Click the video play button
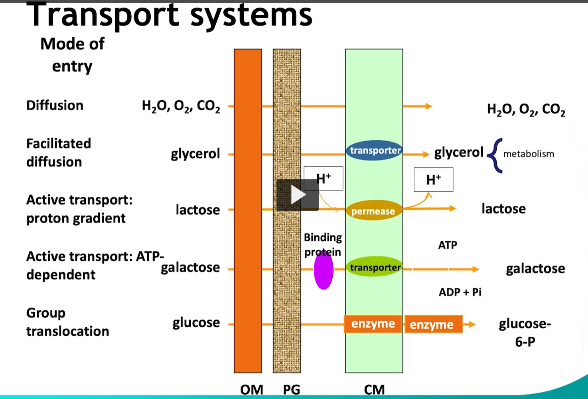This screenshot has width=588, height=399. [x=298, y=195]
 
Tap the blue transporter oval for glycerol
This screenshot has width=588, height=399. [x=374, y=151]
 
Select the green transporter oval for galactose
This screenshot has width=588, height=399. [x=374, y=267]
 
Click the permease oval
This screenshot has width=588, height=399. [x=374, y=210]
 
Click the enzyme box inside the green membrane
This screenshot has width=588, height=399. [x=373, y=324]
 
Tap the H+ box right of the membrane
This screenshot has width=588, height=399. [x=433, y=180]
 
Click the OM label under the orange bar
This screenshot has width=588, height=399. [x=251, y=389]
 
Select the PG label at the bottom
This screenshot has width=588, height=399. [x=291, y=389]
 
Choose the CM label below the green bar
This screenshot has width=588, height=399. [x=374, y=389]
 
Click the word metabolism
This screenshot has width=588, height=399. [x=529, y=154]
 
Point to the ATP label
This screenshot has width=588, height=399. [x=448, y=245]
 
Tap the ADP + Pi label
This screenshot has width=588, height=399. [x=460, y=292]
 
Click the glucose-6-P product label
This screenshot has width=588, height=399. [x=525, y=332]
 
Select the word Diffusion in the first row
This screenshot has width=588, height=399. [x=55, y=105]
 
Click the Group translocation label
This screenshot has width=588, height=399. [x=67, y=322]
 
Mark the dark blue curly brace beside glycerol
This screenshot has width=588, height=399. [x=495, y=155]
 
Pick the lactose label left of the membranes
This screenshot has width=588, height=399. [x=197, y=210]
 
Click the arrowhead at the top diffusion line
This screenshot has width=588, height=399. [x=429, y=106]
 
